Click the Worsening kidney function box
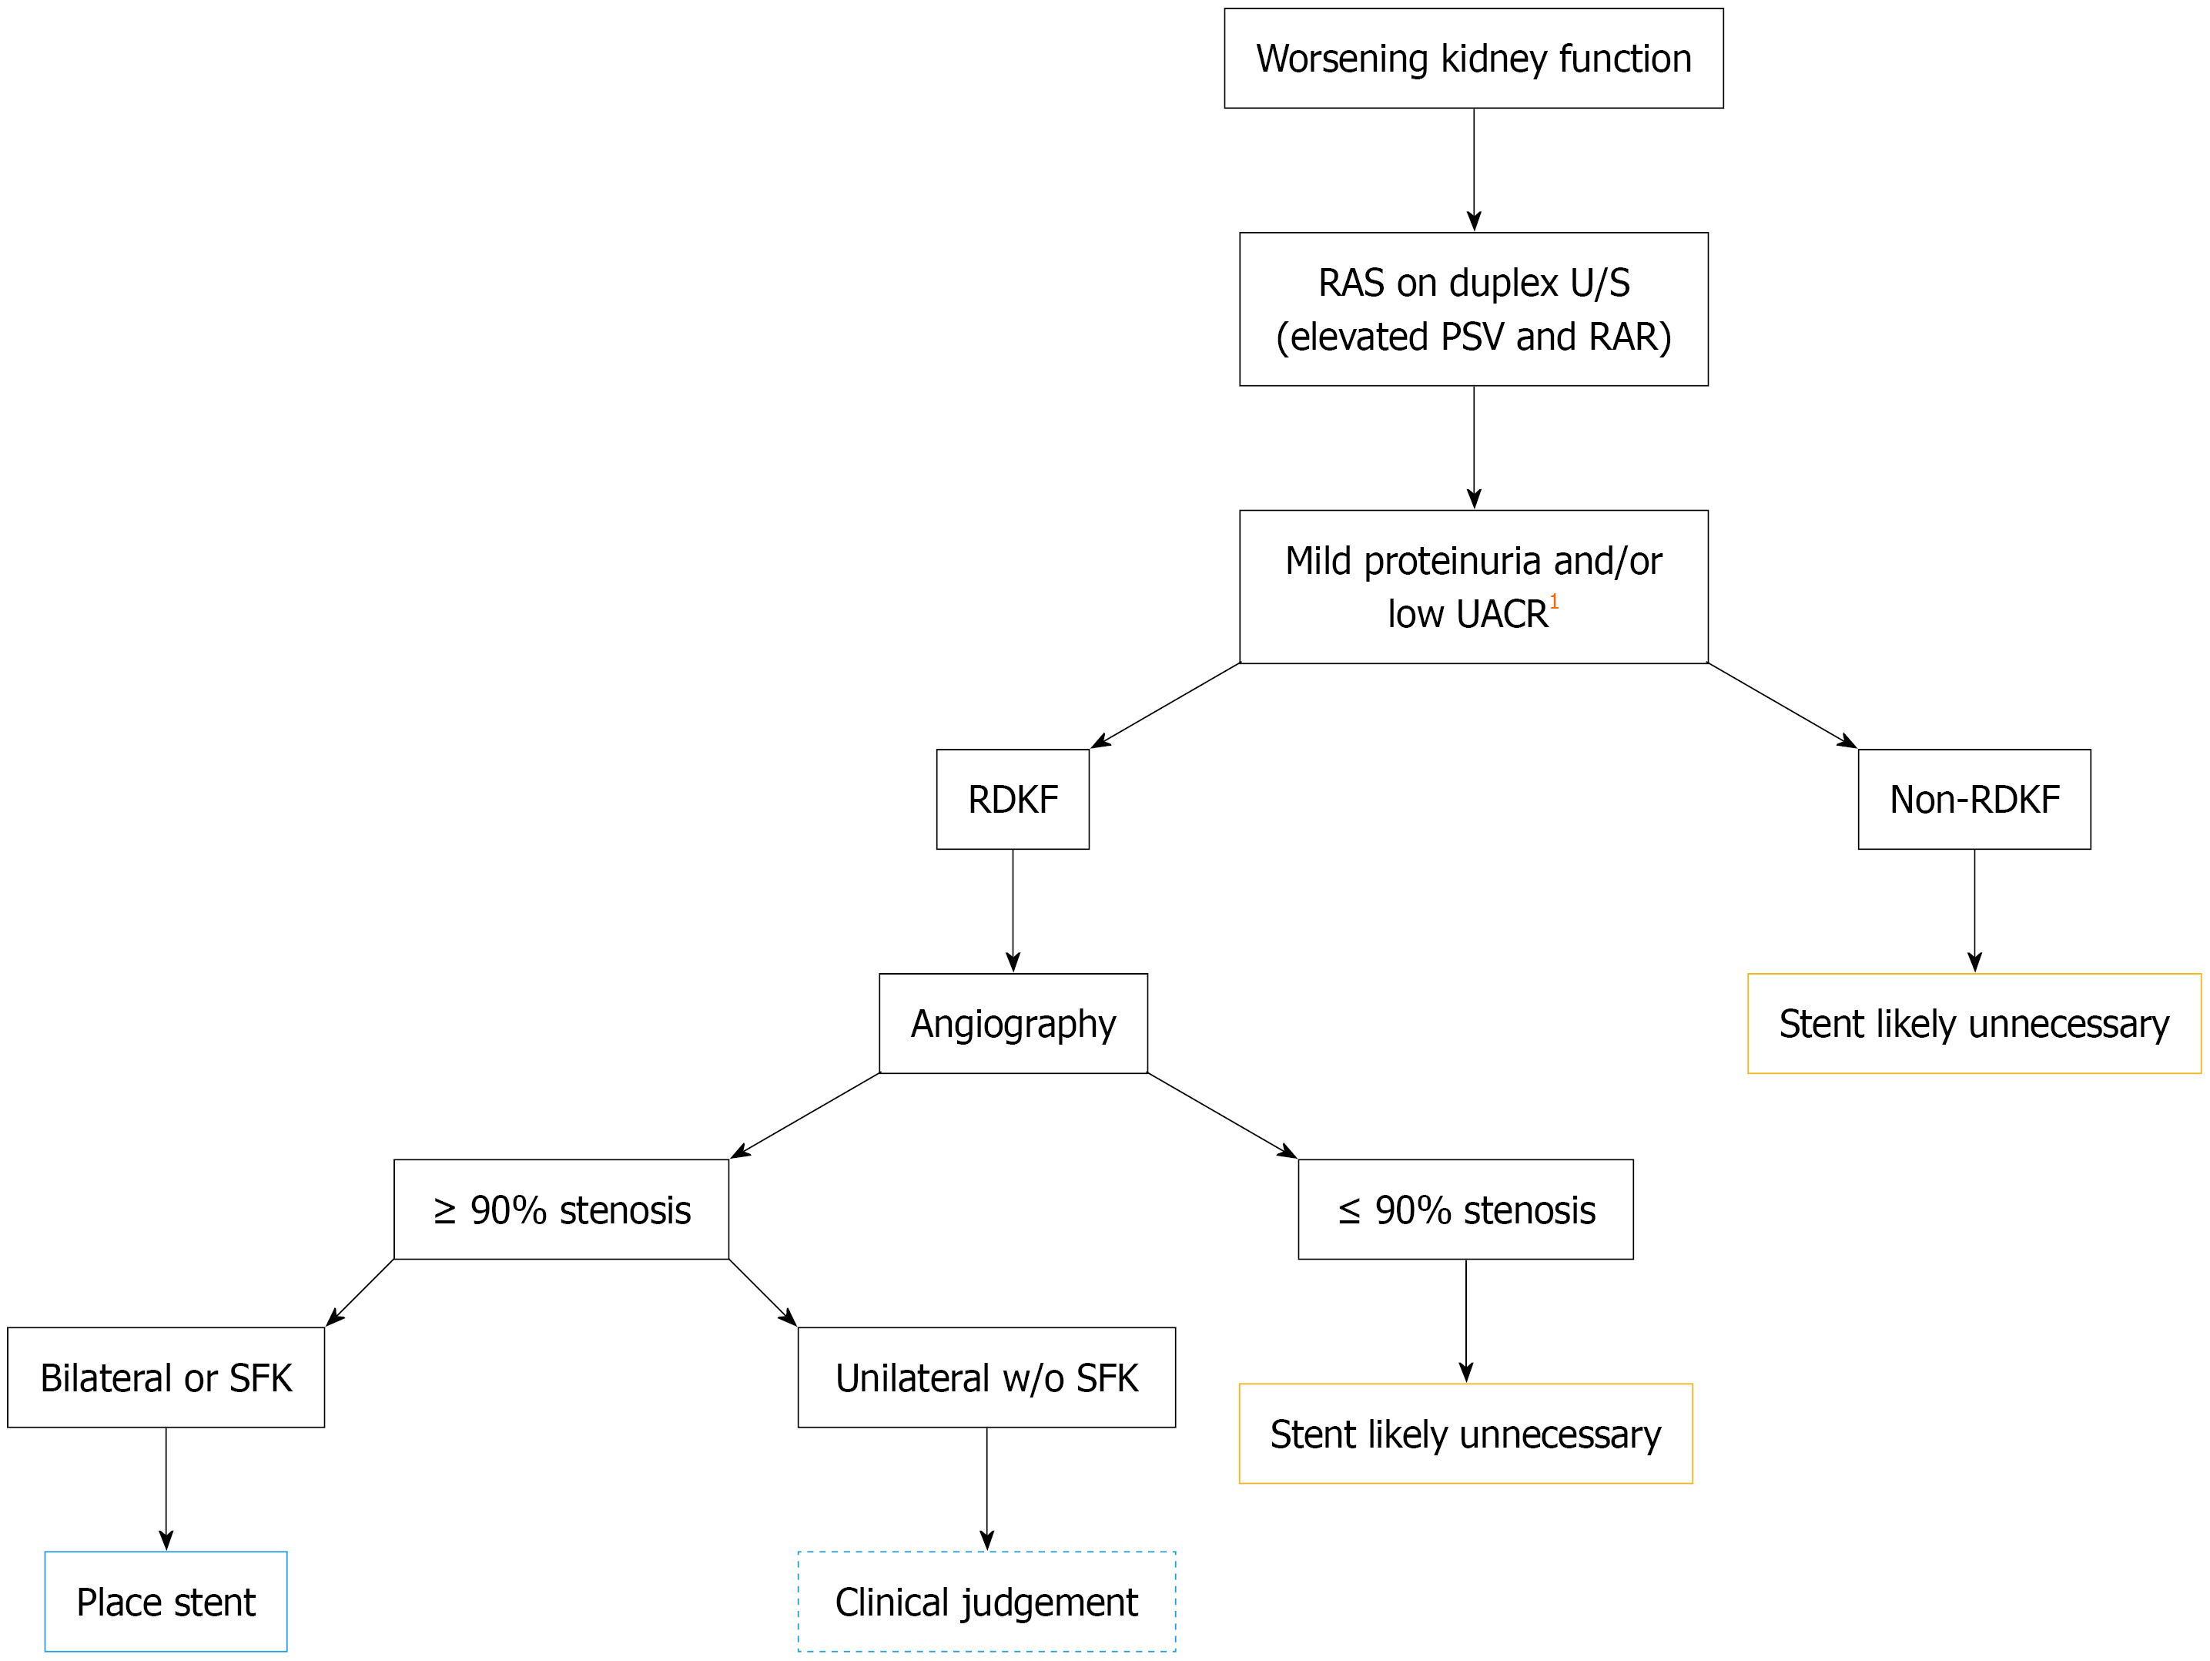1474,58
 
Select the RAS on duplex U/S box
1474,309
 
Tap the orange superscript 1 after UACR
1554,602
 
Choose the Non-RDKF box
1974,800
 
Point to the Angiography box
1013,1023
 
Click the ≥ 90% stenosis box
561,1210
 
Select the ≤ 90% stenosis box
1465,1210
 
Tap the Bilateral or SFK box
166,1377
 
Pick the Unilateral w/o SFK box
986,1377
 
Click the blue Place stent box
166,1601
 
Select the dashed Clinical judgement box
986,1601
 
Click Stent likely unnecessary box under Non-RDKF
1974,1023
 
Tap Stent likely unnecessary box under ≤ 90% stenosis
1465,1433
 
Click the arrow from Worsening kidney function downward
1474,170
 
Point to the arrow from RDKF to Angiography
1013,911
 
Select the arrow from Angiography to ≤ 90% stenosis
1222,1116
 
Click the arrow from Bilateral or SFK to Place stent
166,1489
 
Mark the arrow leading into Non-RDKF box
1783,706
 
